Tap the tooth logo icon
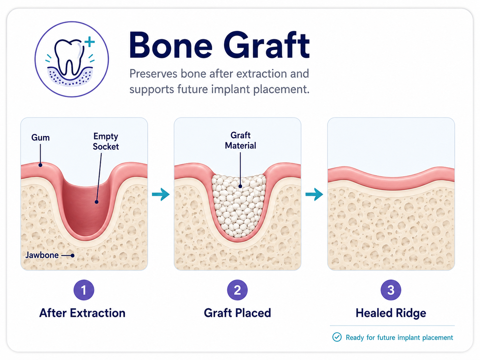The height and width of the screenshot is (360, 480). coord(72,59)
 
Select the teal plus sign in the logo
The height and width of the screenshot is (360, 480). coord(90,42)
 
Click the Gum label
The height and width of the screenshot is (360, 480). coord(40,138)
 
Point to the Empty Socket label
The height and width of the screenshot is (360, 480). coord(106,142)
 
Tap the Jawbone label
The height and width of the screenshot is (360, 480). coord(42,255)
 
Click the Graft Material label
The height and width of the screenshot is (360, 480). coord(241,140)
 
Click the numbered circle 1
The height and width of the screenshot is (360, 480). coord(84,290)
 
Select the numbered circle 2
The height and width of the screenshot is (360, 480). coord(237,290)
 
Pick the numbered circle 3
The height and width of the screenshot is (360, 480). coord(391,290)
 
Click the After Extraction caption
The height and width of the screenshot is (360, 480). coord(83,313)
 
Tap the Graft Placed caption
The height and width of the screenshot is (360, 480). coord(237,313)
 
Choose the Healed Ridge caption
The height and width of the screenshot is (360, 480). coord(391,313)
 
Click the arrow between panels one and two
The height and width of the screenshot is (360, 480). coord(161,194)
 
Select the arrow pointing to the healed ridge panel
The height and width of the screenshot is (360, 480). coord(314,194)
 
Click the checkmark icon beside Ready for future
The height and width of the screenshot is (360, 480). coord(337,337)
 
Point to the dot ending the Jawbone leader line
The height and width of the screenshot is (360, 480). coord(73,255)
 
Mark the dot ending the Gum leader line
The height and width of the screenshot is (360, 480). coord(40,165)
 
